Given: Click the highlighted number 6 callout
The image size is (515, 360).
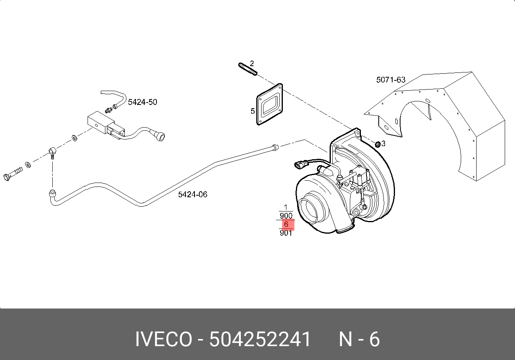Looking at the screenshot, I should click(x=286, y=225).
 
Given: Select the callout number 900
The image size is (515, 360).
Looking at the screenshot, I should click(x=286, y=216).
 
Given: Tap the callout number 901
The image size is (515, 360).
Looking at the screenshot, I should click(x=286, y=233).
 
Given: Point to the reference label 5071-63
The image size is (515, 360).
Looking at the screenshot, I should click(x=391, y=80).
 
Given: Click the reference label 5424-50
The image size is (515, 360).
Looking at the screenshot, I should click(x=142, y=102).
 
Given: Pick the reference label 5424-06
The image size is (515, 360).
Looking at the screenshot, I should click(x=193, y=194).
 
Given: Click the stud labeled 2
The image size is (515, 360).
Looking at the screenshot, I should click(x=248, y=69).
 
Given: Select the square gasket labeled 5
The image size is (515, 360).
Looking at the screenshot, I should click(x=271, y=105).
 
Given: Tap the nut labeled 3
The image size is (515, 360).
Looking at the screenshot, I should click(x=378, y=143).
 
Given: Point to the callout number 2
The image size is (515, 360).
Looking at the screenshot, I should click(x=252, y=63).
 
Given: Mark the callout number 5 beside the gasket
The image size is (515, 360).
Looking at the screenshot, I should click(x=253, y=111).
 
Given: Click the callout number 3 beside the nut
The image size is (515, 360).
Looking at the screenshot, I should click(x=383, y=142).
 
